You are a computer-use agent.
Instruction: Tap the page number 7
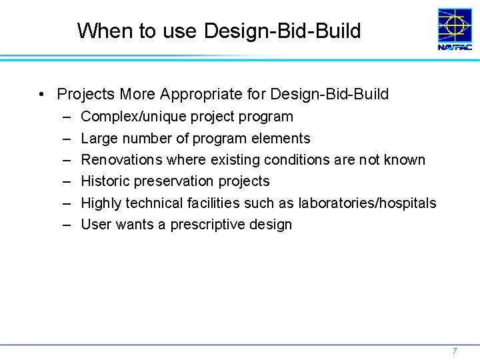pyautogui.click(x=454, y=351)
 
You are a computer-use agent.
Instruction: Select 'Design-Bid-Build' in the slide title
pyautogui.click(x=283, y=31)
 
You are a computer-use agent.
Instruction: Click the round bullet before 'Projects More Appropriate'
pyautogui.click(x=41, y=94)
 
